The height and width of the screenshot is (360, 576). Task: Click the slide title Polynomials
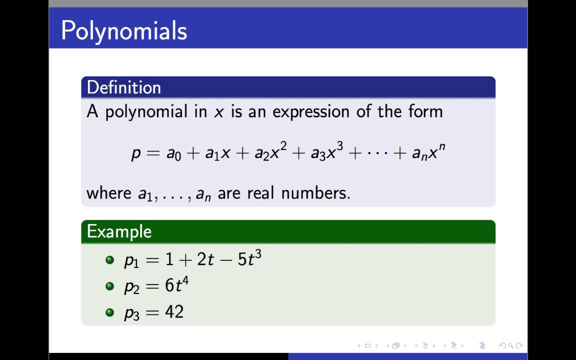(x=124, y=31)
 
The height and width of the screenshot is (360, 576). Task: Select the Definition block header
(x=124, y=87)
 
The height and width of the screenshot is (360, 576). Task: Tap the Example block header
(x=119, y=231)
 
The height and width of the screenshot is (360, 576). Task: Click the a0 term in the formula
(x=173, y=153)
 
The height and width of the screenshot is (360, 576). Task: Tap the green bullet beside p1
(x=110, y=260)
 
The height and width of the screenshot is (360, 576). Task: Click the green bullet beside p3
(x=110, y=312)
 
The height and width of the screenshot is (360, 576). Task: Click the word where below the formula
(x=109, y=193)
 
